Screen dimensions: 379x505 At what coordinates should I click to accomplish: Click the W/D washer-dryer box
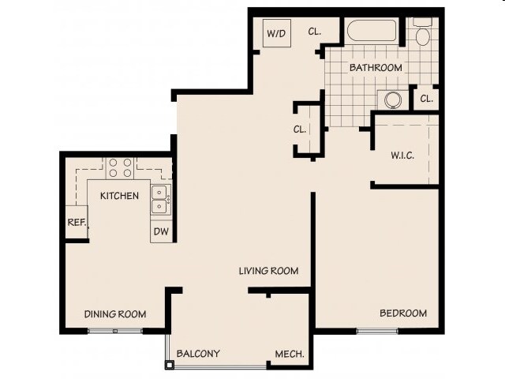pyautogui.click(x=276, y=34)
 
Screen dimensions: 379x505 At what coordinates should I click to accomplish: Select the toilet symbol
pyautogui.click(x=422, y=33)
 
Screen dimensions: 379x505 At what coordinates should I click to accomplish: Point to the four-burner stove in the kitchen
pyautogui.click(x=119, y=167)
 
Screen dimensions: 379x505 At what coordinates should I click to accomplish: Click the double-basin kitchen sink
pyautogui.click(x=160, y=198)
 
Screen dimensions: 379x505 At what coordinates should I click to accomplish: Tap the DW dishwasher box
pyautogui.click(x=161, y=231)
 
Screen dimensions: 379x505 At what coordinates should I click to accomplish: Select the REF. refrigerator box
pyautogui.click(x=77, y=223)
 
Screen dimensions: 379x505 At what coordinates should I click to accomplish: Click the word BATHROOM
pyautogui.click(x=376, y=68)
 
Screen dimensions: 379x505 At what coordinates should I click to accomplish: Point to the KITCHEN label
pyautogui.click(x=119, y=196)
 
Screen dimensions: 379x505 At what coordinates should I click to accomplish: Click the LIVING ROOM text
pyautogui.click(x=268, y=271)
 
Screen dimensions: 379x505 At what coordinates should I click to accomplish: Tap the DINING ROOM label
pyautogui.click(x=115, y=314)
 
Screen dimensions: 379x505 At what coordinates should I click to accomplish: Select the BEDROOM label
pyautogui.click(x=403, y=313)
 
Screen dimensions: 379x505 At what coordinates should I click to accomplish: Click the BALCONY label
pyautogui.click(x=198, y=354)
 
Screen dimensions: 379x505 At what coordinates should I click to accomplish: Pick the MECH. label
pyautogui.click(x=289, y=354)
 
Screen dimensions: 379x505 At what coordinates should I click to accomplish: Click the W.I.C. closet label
pyautogui.click(x=403, y=156)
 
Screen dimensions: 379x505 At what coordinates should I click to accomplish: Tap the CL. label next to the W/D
pyautogui.click(x=314, y=32)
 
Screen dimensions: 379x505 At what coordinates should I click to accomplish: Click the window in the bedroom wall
pyautogui.click(x=377, y=330)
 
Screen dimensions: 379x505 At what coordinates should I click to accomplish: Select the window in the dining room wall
pyautogui.click(x=114, y=330)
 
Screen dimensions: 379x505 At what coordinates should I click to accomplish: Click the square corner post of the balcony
pyautogui.click(x=168, y=365)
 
